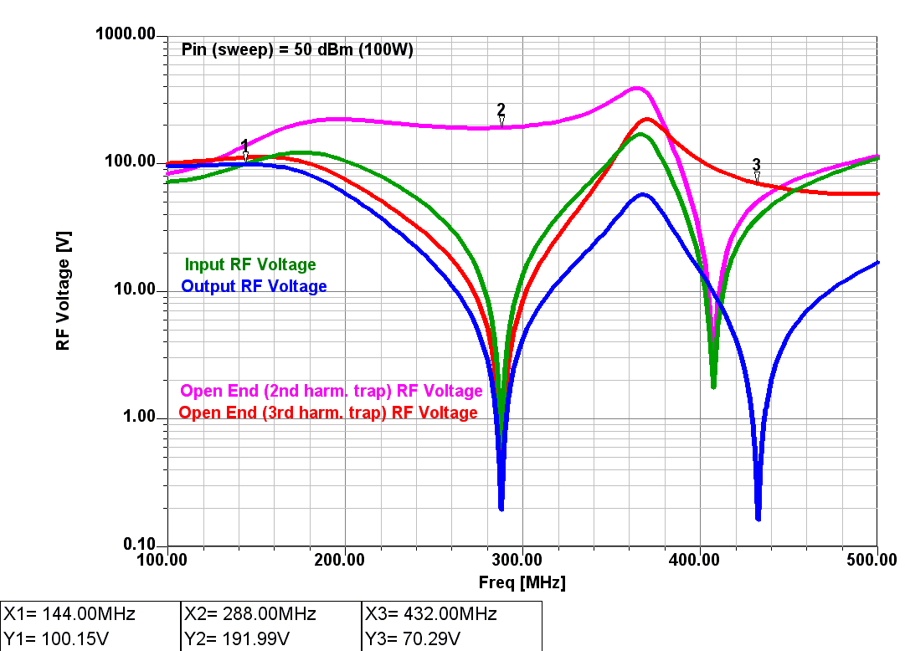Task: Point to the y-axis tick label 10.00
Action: pyautogui.click(x=138, y=290)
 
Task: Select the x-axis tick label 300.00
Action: pyautogui.click(x=522, y=559)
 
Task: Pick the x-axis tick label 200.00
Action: pyautogui.click(x=344, y=559)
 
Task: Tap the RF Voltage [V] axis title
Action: pyautogui.click(x=64, y=291)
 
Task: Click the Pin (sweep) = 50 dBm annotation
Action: pyautogui.click(x=297, y=49)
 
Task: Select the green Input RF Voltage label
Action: pyautogui.click(x=250, y=264)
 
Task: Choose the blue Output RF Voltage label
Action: pyautogui.click(x=254, y=286)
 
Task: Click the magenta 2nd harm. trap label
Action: pyautogui.click(x=332, y=391)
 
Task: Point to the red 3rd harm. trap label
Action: pyautogui.click(x=328, y=413)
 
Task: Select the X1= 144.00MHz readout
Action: pyautogui.click(x=69, y=614)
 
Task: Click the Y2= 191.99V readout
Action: pyautogui.click(x=237, y=638)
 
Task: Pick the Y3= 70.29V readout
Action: pyautogui.click(x=413, y=638)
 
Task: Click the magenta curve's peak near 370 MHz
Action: pyautogui.click(x=638, y=88)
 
